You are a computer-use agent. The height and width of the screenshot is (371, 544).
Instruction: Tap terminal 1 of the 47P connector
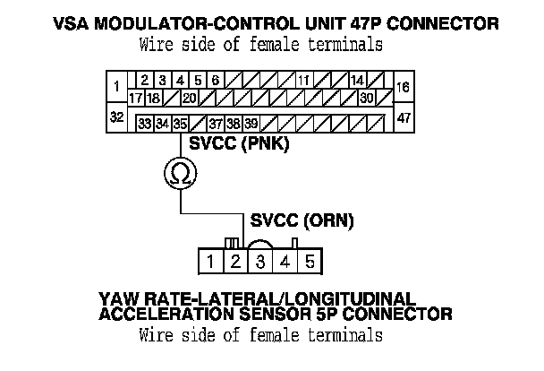[116, 88]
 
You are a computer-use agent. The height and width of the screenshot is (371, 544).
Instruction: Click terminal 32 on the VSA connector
[116, 117]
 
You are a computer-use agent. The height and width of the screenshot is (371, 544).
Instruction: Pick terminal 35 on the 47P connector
[180, 124]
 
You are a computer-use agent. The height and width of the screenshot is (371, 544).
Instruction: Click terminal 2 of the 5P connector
[234, 263]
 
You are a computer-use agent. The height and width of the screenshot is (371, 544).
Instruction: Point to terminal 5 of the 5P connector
[310, 263]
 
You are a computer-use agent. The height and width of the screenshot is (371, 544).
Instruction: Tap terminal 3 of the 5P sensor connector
[259, 263]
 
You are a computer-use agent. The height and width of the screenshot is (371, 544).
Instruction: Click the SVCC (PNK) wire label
[228, 145]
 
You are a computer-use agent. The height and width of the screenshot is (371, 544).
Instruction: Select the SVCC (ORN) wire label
[302, 219]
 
